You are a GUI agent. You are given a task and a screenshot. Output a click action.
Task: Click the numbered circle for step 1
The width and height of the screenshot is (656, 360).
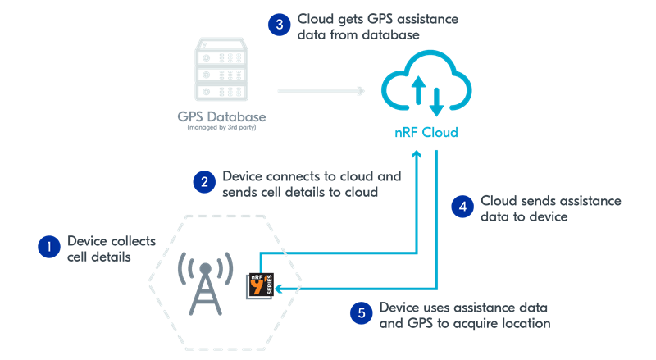click(x=49, y=246)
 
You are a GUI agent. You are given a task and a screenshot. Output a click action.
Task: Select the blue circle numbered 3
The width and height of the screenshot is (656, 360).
click(x=280, y=25)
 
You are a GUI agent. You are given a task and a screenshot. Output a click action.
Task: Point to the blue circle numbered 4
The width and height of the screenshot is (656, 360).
click(x=462, y=207)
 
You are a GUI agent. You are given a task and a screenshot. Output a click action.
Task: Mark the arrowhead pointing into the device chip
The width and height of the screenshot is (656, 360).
click(x=279, y=288)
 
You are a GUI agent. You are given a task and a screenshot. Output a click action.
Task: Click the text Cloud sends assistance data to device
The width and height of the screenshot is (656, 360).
click(x=549, y=208)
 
